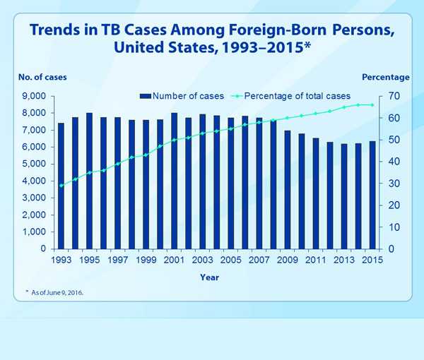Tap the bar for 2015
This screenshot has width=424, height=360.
372,195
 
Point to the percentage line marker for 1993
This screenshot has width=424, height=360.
61,186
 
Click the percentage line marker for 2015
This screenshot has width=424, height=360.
372,104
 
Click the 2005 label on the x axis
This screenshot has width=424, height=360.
230,260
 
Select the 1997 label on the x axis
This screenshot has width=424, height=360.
117,260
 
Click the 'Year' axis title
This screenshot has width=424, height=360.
209,277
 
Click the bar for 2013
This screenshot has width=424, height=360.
344,196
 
